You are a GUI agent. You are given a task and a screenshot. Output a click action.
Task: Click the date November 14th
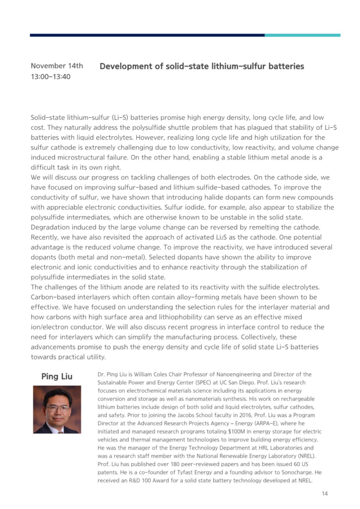pyautogui.click(x=57, y=66)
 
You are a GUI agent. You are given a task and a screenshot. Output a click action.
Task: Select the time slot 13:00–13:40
pyautogui.click(x=51, y=77)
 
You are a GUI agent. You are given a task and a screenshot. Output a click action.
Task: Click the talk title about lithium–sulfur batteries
pyautogui.click(x=202, y=66)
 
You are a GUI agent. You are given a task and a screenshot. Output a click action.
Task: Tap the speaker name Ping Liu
pyautogui.click(x=57, y=376)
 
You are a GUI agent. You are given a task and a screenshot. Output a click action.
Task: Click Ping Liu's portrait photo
pyautogui.click(x=57, y=410)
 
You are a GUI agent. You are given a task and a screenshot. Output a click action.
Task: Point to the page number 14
pyautogui.click(x=325, y=493)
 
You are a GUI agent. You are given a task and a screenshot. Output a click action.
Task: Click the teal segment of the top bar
pyautogui.click(x=302, y=35)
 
